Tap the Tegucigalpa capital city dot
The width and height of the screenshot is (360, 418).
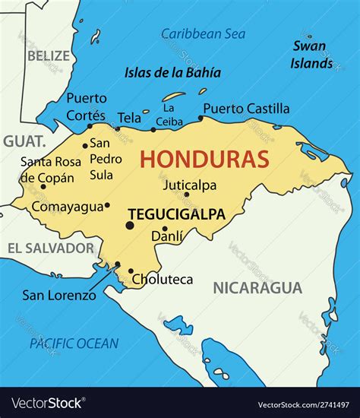130,225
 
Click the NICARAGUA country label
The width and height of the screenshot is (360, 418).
257,287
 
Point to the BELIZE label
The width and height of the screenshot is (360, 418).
48,55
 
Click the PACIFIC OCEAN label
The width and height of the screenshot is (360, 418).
74,344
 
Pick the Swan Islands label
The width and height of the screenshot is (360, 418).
311,55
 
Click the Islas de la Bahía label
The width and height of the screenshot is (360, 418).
172,73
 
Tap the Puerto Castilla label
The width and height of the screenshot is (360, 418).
246,108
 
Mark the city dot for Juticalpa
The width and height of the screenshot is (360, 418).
186,195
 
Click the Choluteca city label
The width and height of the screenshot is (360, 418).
163,280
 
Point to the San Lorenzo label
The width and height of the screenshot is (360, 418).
58,295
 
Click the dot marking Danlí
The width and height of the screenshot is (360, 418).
165,228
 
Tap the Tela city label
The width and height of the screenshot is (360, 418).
129,118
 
